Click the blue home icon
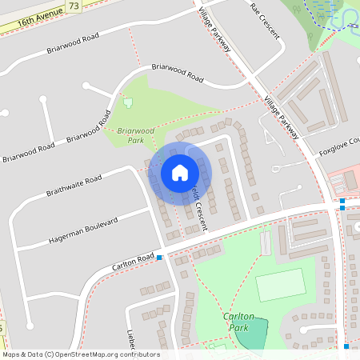[180, 172]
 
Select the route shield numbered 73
[74, 6]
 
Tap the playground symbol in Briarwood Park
[127, 102]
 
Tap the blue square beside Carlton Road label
[159, 258]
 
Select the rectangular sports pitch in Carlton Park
[280, 284]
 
